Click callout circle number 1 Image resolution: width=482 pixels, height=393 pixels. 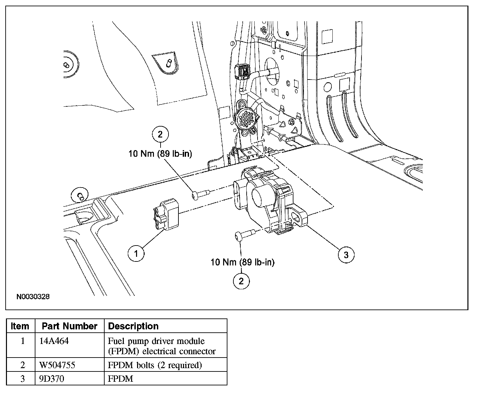136,254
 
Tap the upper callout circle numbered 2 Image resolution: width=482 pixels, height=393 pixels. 160,134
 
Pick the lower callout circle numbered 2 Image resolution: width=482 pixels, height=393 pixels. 241,281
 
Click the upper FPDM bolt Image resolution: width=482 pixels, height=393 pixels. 200,194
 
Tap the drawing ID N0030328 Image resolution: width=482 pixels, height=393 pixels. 33,297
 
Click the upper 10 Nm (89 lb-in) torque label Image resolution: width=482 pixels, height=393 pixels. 160,154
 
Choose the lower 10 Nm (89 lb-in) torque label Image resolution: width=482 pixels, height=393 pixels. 243,262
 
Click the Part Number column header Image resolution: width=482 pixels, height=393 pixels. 70,326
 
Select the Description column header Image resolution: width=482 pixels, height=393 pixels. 133,326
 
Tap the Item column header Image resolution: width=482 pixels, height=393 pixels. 20,326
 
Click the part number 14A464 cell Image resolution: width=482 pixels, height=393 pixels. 54,341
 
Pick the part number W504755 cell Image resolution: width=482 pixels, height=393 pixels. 57,365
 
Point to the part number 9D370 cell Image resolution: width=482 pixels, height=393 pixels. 52,378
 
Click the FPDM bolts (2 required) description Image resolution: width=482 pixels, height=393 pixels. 155,365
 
